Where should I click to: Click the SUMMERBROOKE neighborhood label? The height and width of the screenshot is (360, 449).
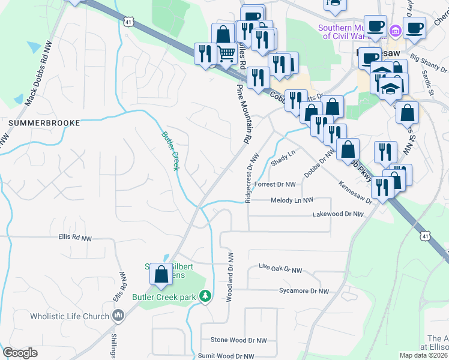[x=44, y=122]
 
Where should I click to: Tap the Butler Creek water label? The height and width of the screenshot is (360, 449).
[x=170, y=151]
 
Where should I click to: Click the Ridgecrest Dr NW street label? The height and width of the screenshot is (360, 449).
[x=252, y=178]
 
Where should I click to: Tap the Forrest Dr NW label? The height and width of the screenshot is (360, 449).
[x=276, y=184]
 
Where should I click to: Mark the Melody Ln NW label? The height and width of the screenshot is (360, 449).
[x=292, y=200]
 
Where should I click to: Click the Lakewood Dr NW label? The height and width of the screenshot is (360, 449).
[x=339, y=214]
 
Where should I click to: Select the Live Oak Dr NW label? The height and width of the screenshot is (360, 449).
[x=280, y=269]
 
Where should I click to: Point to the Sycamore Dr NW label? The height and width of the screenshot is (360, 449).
[x=304, y=291]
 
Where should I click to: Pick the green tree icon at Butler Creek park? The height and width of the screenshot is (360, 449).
[x=205, y=296]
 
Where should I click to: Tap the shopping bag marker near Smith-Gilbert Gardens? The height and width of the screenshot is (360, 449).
[x=161, y=274]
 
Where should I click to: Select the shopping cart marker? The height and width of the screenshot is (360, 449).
[x=226, y=54]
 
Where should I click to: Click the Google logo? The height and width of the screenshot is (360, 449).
[x=20, y=353]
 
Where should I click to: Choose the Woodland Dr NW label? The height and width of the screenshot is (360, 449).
[x=229, y=276]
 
